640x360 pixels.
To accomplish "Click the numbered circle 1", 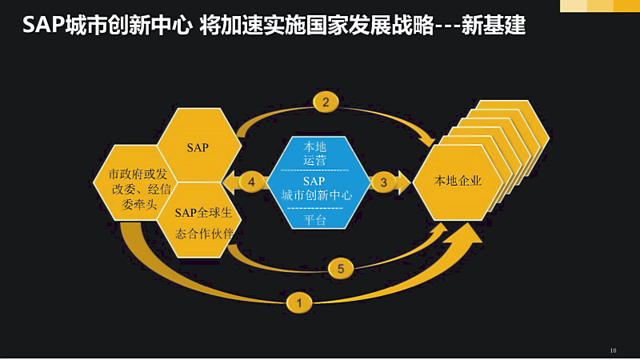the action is click(299, 303).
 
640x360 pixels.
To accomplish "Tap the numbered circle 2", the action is click(326, 102).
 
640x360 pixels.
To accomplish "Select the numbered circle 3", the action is click(384, 182).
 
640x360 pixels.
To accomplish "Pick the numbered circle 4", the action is click(251, 182).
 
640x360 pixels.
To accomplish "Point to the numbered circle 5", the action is click(341, 269).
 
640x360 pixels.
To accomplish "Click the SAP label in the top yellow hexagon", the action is click(198, 148).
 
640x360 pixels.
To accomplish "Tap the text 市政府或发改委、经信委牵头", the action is click(139, 189).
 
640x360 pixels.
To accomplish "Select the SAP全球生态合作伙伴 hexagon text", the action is click(204, 223).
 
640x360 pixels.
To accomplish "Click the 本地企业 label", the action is click(458, 181).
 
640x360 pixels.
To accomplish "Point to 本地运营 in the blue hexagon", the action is click(314, 154).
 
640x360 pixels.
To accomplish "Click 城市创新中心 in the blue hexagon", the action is click(316, 195).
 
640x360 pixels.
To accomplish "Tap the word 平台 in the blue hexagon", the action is click(314, 220).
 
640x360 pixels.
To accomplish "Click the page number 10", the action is click(613, 350).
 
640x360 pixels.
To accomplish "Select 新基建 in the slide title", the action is click(494, 25).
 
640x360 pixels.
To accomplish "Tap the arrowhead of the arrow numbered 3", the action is click(404, 182).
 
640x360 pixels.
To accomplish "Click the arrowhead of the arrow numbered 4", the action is click(230, 182).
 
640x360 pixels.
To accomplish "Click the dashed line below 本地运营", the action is click(314, 170).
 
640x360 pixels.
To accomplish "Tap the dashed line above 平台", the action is click(314, 208).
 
